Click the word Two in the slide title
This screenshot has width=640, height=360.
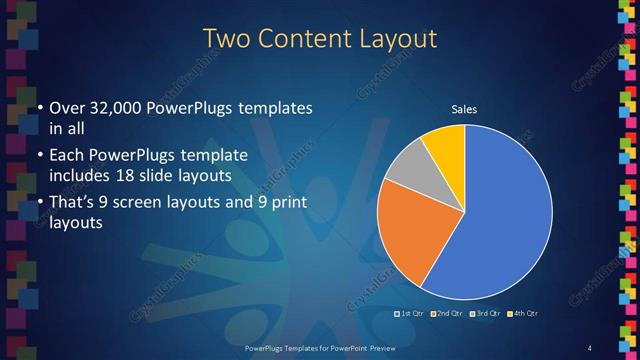pos(227,39)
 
